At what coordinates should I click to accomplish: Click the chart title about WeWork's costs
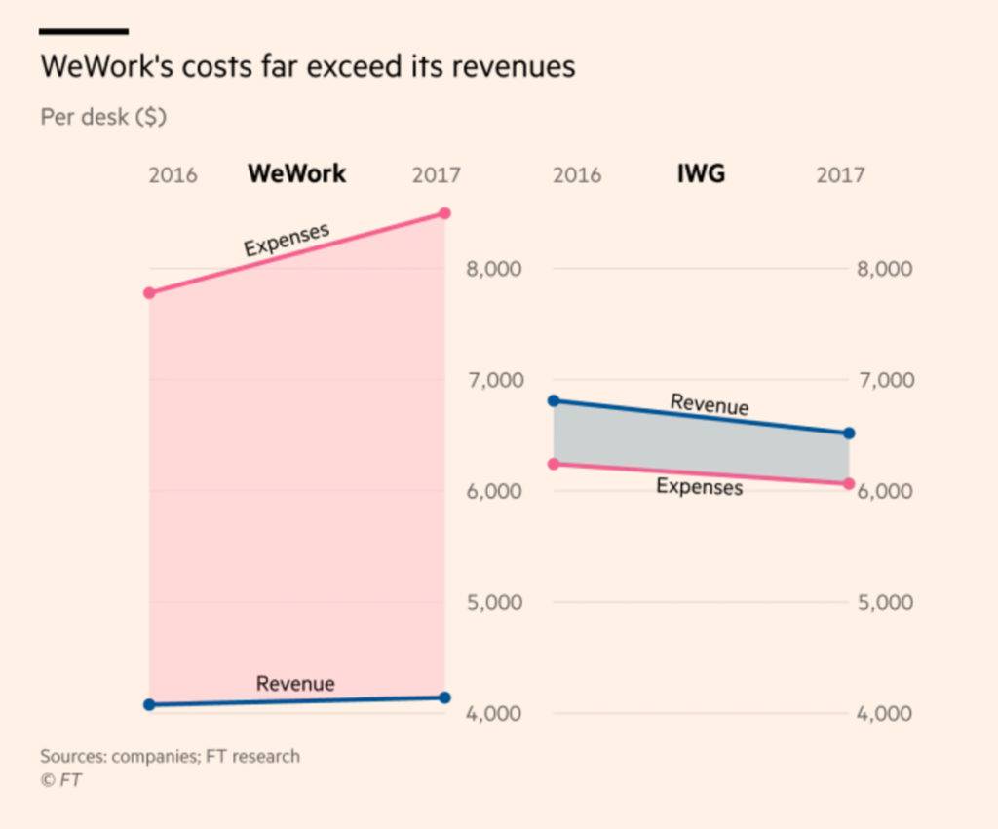(307, 66)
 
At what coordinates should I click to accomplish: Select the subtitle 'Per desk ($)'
(103, 117)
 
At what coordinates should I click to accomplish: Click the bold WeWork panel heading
(296, 173)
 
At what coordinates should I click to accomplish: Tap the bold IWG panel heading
(701, 173)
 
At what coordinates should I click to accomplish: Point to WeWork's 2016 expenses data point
(149, 292)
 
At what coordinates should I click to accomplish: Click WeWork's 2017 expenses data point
(445, 212)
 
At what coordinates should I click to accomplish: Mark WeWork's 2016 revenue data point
(149, 704)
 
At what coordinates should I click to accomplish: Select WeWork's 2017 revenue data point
(445, 697)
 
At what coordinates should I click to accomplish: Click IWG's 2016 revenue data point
(554, 400)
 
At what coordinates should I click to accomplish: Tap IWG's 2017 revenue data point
(849, 433)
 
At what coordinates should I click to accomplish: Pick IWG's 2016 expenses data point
(554, 464)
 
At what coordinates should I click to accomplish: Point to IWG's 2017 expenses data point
(849, 483)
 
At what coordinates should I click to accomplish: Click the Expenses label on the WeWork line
(287, 239)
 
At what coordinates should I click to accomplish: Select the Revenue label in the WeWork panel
(295, 683)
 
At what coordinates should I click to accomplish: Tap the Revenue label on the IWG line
(710, 403)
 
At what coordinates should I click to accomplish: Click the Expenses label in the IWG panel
(699, 486)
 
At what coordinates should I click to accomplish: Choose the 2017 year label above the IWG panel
(840, 175)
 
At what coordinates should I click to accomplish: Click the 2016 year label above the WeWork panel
(173, 175)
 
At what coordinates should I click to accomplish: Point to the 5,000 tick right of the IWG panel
(885, 602)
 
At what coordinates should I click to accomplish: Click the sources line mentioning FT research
(170, 756)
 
